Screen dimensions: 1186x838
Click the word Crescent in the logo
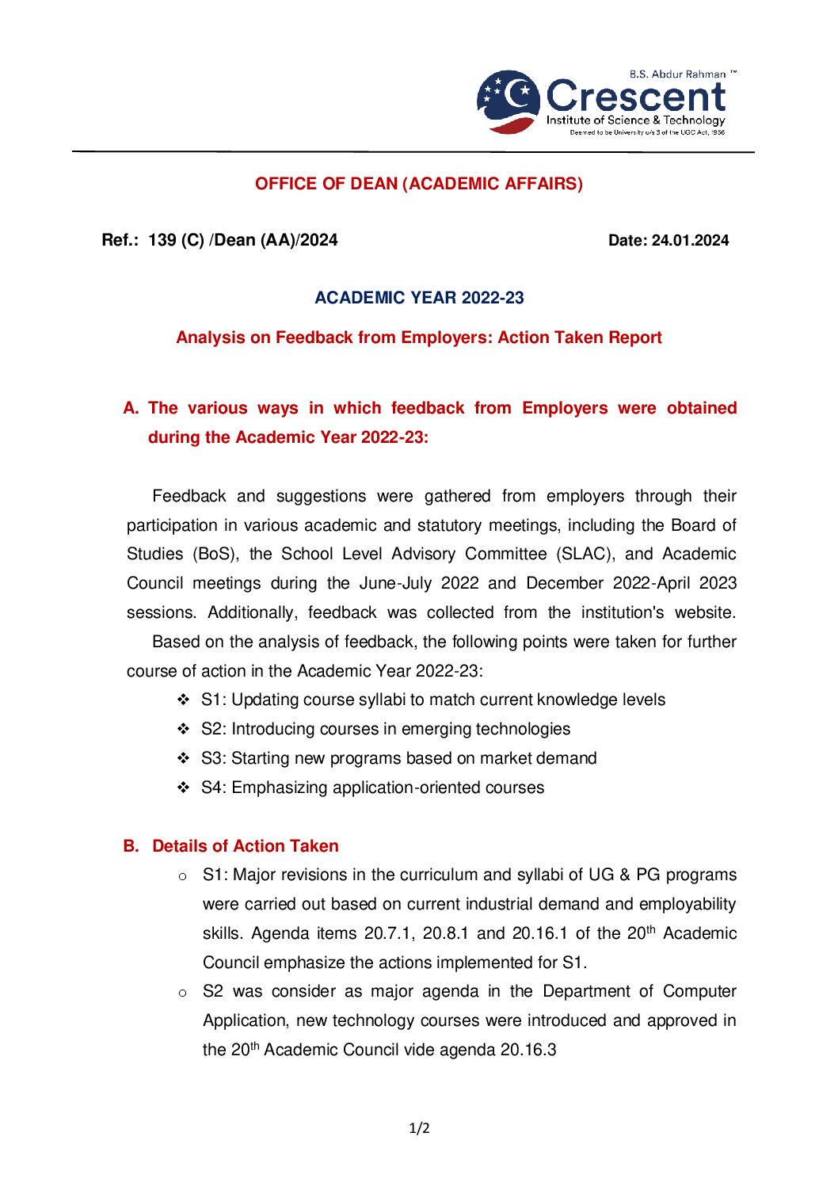(x=635, y=96)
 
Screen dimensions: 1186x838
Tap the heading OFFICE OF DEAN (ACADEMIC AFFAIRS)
(x=419, y=184)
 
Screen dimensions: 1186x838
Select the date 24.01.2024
(x=690, y=241)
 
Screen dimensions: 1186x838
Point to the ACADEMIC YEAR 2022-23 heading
(x=419, y=298)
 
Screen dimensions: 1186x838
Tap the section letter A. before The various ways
(x=131, y=409)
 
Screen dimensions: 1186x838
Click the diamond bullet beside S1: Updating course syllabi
(x=183, y=700)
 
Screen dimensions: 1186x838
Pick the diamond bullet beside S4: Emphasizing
(x=183, y=788)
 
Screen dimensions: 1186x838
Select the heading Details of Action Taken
(x=246, y=846)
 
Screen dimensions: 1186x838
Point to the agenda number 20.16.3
(x=529, y=1051)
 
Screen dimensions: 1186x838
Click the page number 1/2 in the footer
(x=419, y=1128)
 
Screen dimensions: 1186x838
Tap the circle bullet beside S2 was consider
(x=182, y=993)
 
